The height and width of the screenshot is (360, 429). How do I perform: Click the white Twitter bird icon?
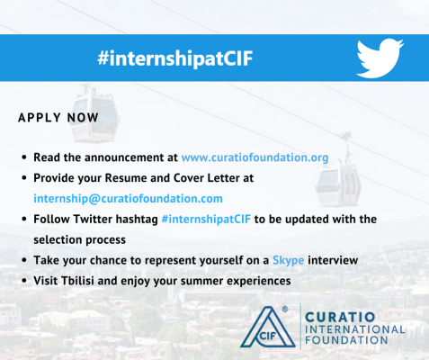click(380, 58)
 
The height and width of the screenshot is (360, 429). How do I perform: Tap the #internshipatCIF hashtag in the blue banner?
click(175, 58)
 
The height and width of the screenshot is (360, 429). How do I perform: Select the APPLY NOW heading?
click(58, 118)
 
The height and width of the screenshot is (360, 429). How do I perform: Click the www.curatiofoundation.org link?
click(255, 157)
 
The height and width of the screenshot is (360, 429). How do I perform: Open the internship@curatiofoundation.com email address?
click(128, 199)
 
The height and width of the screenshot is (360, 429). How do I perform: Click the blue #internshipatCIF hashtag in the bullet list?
click(206, 220)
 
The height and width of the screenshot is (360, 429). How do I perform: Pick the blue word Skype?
click(288, 260)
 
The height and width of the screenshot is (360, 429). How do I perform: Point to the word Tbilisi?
click(77, 281)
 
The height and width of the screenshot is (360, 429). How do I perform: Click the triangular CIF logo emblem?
click(267, 328)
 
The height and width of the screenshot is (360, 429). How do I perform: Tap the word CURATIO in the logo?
click(340, 317)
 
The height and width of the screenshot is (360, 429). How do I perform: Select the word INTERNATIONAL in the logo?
click(355, 329)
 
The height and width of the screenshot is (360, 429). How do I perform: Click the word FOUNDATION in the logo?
click(346, 340)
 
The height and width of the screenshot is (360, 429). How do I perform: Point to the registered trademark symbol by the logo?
click(285, 309)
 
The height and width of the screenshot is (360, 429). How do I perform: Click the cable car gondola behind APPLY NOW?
click(94, 114)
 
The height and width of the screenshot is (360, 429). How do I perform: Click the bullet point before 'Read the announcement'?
click(24, 157)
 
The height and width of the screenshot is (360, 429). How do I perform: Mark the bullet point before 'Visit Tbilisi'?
click(24, 281)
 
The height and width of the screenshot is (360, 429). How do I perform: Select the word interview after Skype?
click(333, 260)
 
